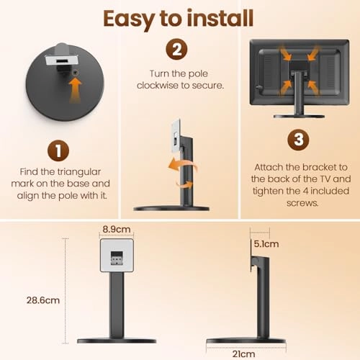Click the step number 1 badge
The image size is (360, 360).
point(58,150)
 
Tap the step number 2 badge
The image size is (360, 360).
point(176,49)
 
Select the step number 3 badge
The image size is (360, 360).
point(298,140)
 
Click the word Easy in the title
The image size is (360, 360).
point(129,19)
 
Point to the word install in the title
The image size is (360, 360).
point(220,18)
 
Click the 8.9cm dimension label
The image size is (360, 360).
point(117,229)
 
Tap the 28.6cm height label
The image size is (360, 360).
point(43,300)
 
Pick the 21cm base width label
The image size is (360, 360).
point(243,354)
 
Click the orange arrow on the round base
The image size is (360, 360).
point(76,91)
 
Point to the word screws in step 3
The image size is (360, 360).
point(302,203)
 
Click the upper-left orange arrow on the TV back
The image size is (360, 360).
point(286,53)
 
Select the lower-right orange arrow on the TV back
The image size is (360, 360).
point(313,88)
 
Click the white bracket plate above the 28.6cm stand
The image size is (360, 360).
point(117,256)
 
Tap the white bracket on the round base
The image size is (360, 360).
point(62,60)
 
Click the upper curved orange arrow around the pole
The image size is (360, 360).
point(184,164)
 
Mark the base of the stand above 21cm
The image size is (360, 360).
point(246,341)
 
